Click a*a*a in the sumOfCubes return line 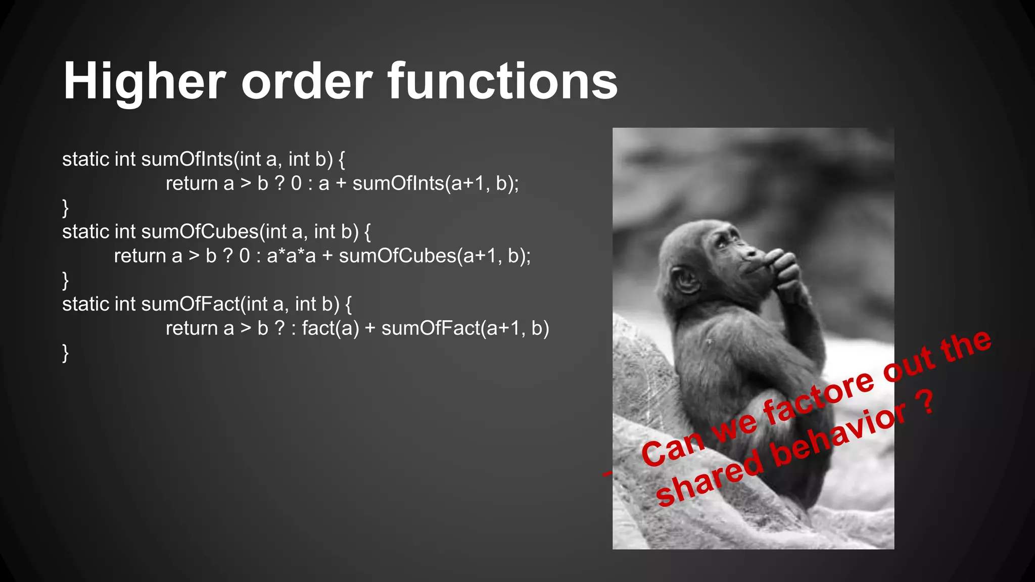coord(291,256)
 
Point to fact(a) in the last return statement coord(331,328)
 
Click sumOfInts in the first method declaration coord(187,159)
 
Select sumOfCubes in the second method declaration coord(200,232)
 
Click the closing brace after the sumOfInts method coord(65,208)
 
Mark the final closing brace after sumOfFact coord(65,353)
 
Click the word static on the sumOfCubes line coord(86,232)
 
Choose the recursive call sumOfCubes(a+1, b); coord(435,256)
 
